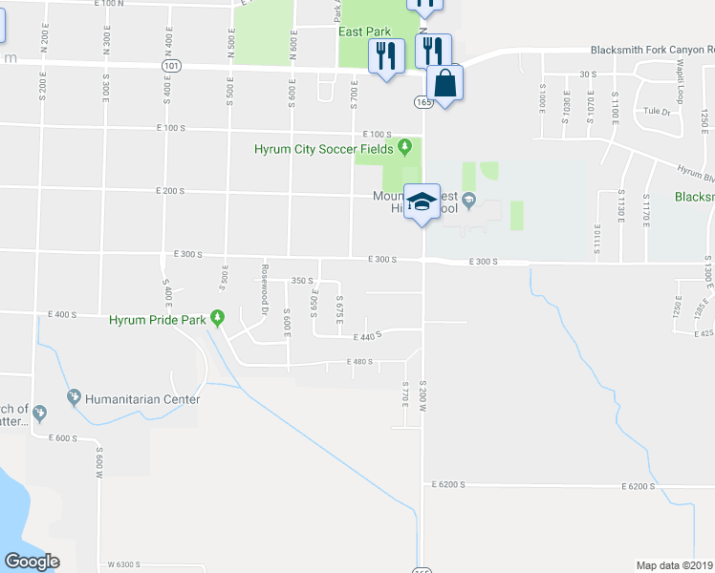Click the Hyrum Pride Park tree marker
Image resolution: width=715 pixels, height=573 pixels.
click(218, 319)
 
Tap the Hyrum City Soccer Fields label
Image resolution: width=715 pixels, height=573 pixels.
click(325, 148)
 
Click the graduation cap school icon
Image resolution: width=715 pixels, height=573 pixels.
click(422, 202)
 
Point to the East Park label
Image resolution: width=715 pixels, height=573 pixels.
click(364, 31)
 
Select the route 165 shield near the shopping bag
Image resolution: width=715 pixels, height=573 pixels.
click(424, 101)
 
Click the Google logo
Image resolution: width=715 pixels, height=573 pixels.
click(32, 562)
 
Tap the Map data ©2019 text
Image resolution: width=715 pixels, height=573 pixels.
click(675, 564)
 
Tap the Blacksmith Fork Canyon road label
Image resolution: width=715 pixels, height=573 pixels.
click(646, 50)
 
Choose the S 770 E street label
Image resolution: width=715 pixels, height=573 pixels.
click(405, 394)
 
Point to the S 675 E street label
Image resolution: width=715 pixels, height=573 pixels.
click(339, 309)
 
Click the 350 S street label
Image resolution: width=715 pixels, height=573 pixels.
click(303, 281)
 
